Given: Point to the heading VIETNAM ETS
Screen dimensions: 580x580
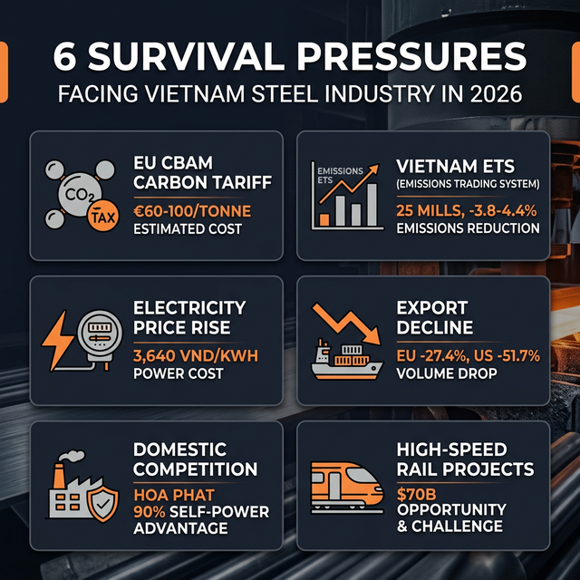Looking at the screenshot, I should pyautogui.click(x=455, y=167).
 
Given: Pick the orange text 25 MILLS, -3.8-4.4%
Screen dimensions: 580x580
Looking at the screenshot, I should pyautogui.click(x=469, y=209).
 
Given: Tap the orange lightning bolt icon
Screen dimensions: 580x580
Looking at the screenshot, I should pyautogui.click(x=58, y=336).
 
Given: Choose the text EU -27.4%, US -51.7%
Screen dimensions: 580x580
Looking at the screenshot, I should pyautogui.click(x=469, y=355).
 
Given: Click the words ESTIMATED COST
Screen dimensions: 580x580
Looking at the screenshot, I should pyautogui.click(x=187, y=228).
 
